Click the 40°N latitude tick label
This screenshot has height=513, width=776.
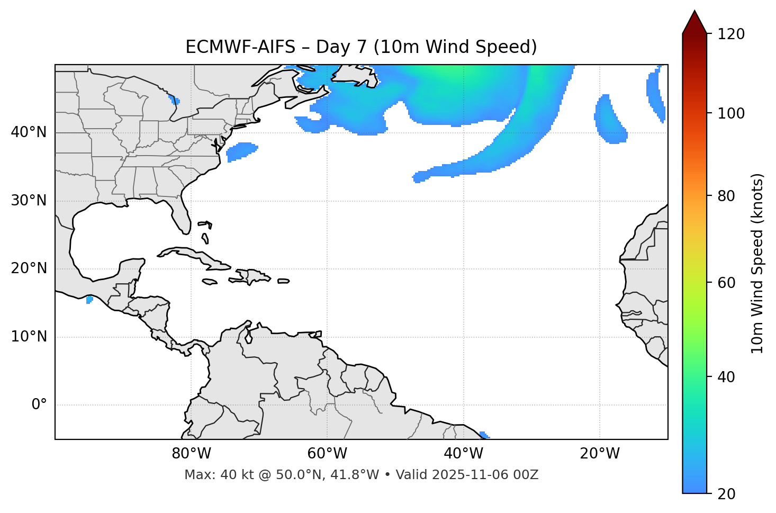(x=29, y=132)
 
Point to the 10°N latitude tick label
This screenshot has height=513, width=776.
(x=29, y=337)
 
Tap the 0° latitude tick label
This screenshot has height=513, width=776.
(x=39, y=405)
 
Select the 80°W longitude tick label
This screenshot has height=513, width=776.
(x=191, y=454)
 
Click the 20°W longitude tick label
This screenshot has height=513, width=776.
(x=600, y=454)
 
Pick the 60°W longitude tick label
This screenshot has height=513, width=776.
(x=327, y=454)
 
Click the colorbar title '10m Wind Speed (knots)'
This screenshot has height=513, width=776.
(x=757, y=263)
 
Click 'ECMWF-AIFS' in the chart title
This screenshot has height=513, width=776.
(x=240, y=47)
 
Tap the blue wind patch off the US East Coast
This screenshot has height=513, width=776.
(x=241, y=151)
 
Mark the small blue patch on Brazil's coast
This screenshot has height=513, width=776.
(x=484, y=435)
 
